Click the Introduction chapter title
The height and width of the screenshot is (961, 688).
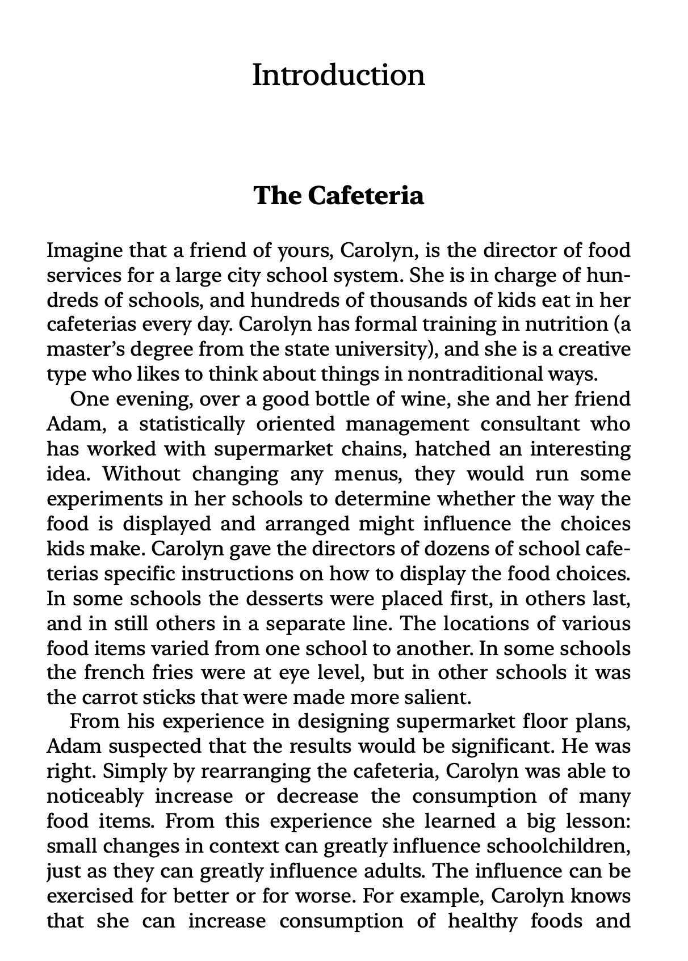pyautogui.click(x=338, y=75)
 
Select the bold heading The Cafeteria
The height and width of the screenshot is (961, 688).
pyautogui.click(x=338, y=196)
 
